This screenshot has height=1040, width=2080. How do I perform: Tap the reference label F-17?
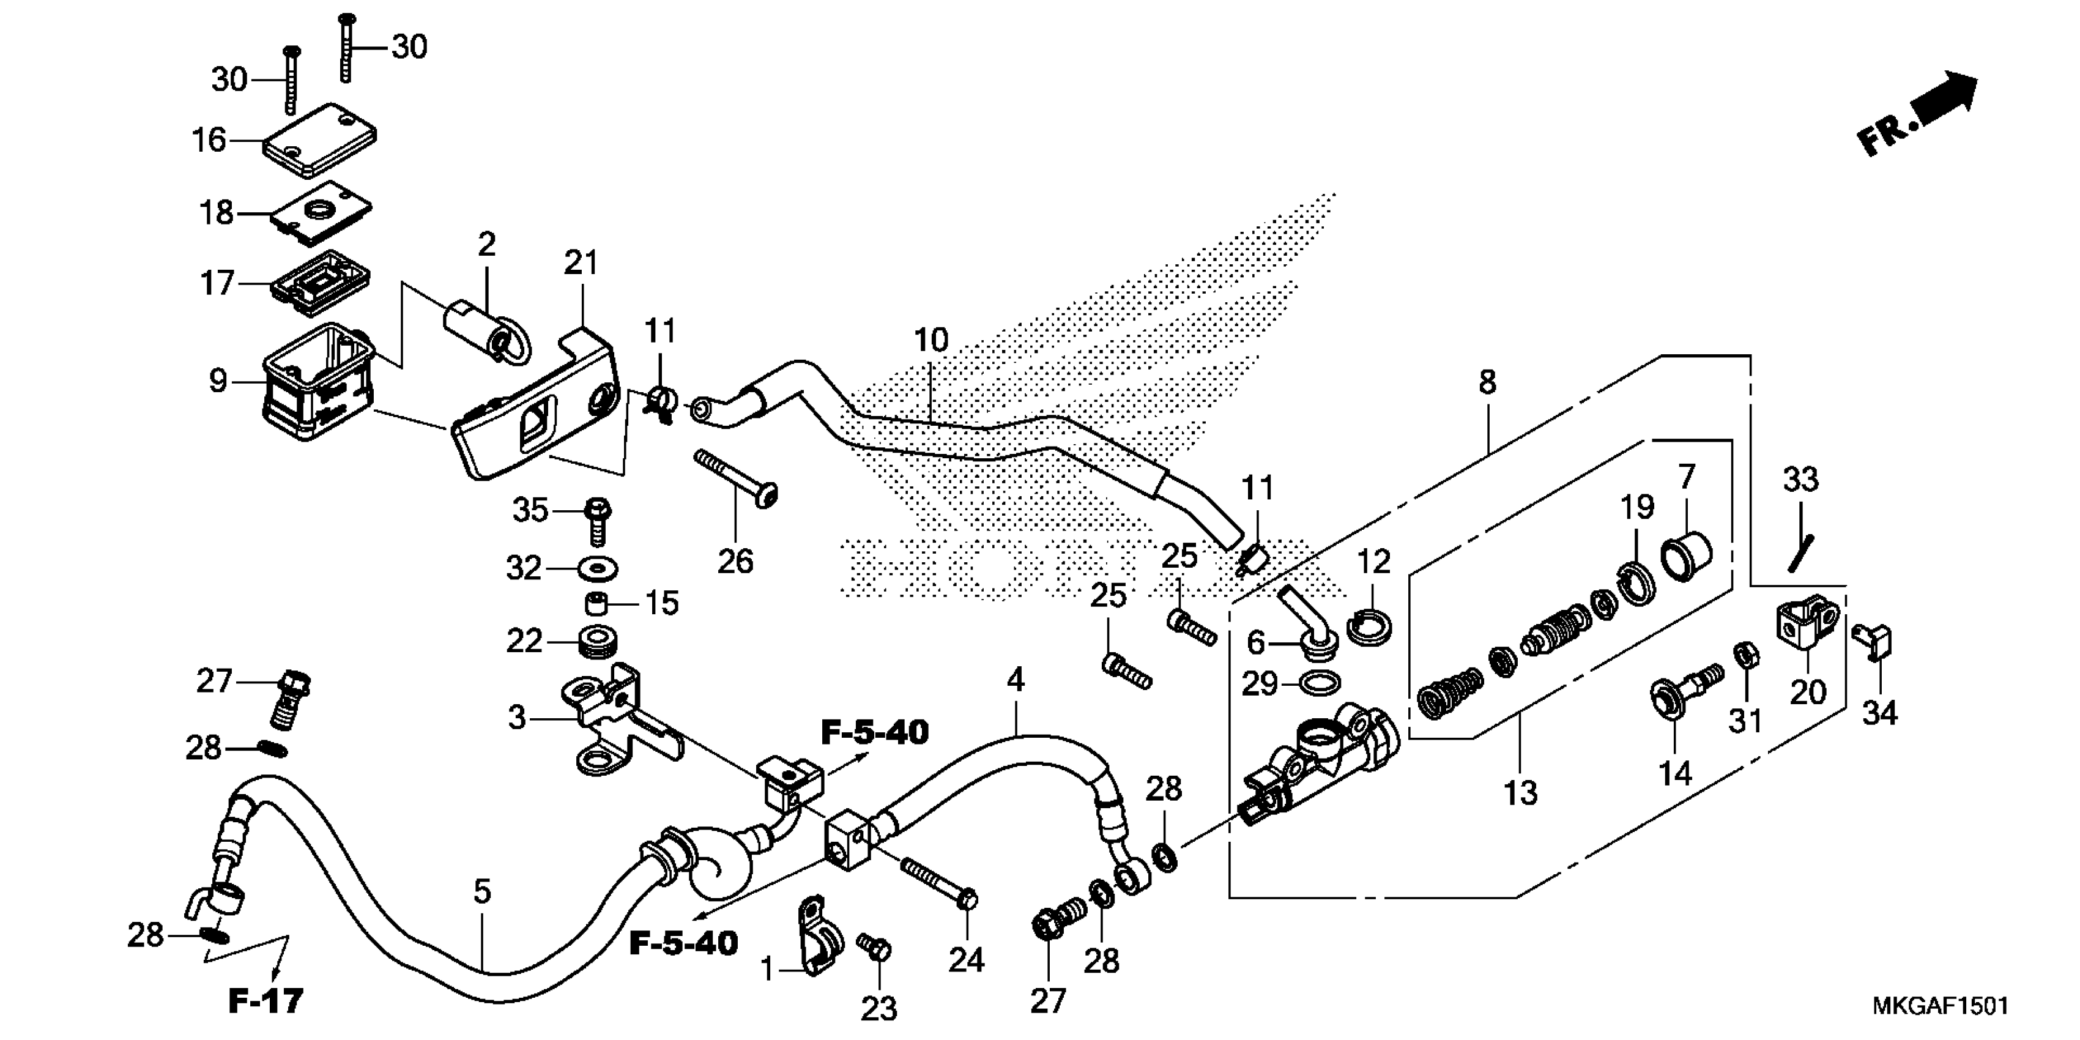click(266, 1001)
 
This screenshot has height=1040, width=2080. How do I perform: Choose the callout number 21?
click(581, 263)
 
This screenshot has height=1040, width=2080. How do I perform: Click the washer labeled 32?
click(598, 568)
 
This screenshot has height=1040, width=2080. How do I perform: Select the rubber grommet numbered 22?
click(598, 641)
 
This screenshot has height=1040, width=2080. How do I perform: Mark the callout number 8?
click(1487, 382)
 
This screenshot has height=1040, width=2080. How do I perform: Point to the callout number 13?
click(1520, 793)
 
